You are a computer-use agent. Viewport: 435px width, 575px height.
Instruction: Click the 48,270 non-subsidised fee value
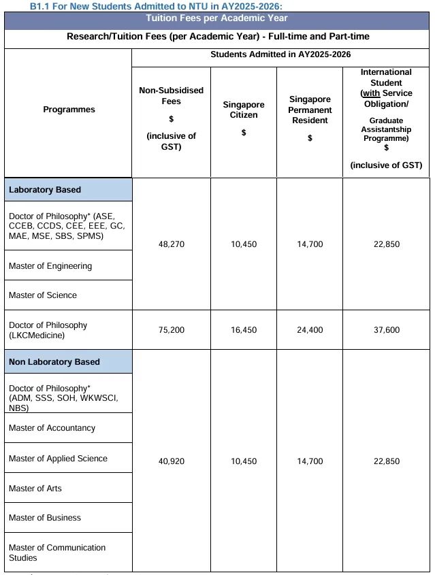(171, 244)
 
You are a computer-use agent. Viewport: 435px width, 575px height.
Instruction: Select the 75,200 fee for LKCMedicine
(171, 330)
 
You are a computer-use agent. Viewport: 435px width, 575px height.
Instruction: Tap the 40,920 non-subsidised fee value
(171, 461)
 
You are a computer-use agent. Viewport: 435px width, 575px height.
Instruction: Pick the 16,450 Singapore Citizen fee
(244, 330)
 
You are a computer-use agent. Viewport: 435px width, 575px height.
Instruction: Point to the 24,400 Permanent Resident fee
(310, 330)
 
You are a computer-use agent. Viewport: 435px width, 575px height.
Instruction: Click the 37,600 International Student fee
(387, 330)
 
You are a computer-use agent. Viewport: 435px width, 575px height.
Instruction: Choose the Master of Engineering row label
(50, 266)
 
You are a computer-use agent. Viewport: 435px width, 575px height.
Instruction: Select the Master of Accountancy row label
(52, 428)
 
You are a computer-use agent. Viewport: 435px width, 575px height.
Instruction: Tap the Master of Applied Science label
(58, 459)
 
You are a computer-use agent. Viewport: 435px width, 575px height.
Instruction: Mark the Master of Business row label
(45, 518)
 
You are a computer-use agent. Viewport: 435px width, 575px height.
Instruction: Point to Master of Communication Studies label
(57, 553)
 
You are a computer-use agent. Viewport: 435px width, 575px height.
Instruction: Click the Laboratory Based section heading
(45, 190)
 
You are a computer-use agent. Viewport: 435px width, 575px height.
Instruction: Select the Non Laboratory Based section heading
(54, 362)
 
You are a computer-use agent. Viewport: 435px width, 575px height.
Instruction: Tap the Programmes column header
(69, 110)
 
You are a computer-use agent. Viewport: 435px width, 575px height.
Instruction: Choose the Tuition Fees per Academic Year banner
(217, 18)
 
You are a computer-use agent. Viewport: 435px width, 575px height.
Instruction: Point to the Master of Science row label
(43, 295)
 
